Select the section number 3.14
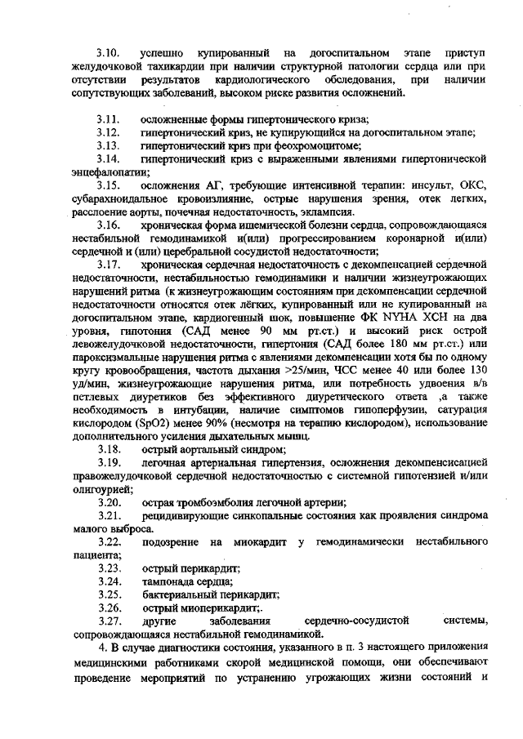click(x=108, y=158)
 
